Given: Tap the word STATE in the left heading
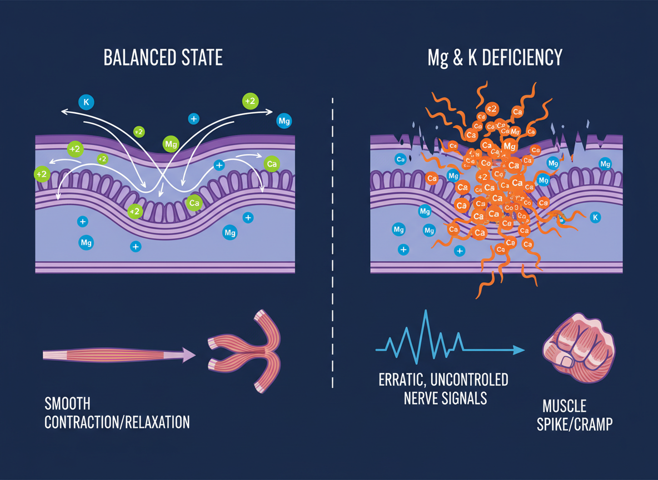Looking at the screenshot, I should [202, 57].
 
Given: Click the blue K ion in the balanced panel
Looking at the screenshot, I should [86, 102].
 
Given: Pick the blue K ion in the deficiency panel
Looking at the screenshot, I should [595, 217].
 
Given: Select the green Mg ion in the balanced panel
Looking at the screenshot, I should [171, 144].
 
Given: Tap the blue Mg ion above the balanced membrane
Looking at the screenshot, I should [284, 121].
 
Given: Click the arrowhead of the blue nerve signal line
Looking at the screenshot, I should [520, 349].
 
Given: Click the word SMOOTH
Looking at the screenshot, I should [67, 403].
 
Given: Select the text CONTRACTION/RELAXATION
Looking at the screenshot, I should [117, 422].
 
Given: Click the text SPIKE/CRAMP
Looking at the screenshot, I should [574, 425].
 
